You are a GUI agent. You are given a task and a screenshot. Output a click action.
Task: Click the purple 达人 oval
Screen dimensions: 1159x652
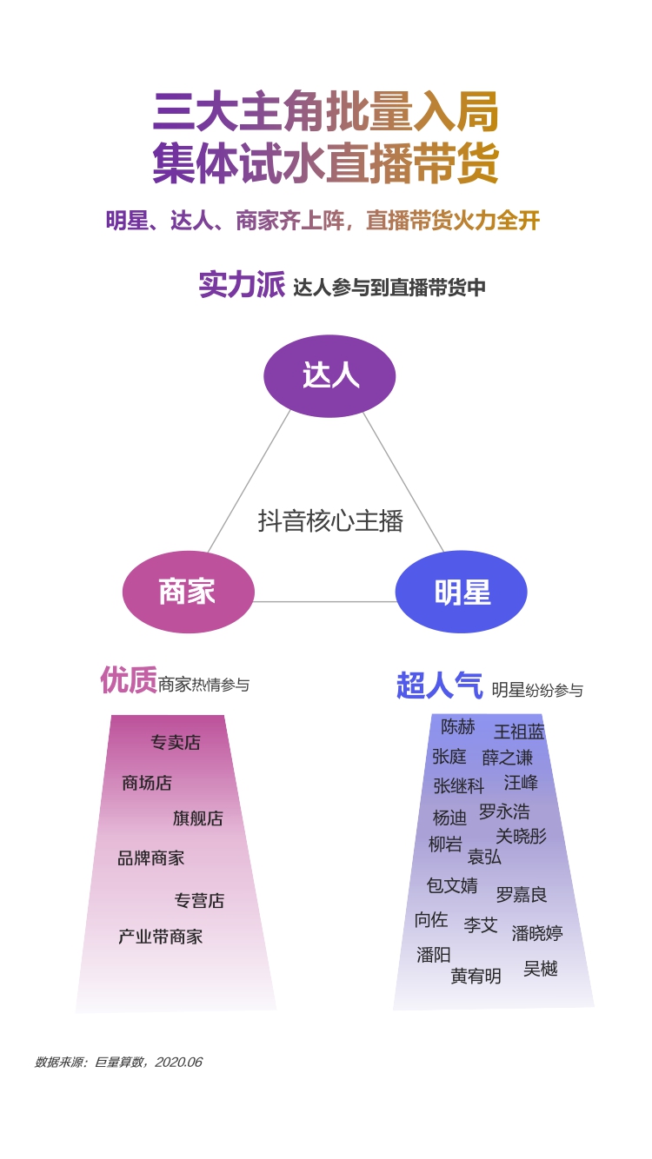[x=329, y=375]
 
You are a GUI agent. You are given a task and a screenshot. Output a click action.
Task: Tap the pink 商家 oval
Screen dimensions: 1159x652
[x=188, y=592]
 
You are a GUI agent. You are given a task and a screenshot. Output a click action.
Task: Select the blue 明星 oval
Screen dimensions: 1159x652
[x=462, y=593]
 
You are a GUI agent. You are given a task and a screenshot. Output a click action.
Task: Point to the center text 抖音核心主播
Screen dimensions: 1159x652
[x=330, y=520]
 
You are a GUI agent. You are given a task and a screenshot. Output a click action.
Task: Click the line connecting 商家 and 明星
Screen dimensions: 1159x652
[x=325, y=601]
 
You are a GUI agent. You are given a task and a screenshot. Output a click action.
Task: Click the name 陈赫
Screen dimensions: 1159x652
[x=458, y=726]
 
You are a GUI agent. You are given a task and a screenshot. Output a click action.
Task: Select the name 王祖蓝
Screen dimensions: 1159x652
[x=519, y=732]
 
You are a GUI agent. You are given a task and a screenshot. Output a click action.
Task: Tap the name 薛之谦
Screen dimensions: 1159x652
[x=508, y=758]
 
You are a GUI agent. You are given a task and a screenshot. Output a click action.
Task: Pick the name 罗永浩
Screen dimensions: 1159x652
[x=504, y=811]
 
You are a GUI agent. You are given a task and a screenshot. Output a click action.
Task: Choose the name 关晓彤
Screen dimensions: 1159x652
[x=521, y=836]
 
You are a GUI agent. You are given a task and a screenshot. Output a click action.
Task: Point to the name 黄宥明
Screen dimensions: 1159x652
[x=476, y=977]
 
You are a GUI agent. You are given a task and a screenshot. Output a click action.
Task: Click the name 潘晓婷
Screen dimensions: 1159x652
[x=537, y=933]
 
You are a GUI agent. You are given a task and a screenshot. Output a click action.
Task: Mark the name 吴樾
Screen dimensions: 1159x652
[x=541, y=968]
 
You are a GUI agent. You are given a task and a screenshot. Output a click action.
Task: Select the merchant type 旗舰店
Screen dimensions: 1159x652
[x=198, y=818]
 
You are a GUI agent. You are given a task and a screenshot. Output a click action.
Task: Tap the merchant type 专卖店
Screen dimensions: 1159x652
[x=176, y=743]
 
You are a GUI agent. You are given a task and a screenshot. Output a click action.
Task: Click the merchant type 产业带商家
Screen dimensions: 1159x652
[x=161, y=937]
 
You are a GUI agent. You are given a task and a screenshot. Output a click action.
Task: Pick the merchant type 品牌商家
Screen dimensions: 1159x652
[x=151, y=858]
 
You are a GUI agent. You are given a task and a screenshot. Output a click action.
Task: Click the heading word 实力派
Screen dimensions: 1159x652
[x=242, y=285]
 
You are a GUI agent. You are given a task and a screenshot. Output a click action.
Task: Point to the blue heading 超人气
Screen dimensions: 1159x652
[x=439, y=685]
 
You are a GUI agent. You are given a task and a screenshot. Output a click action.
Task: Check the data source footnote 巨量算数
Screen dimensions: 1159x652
[x=118, y=1062]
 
